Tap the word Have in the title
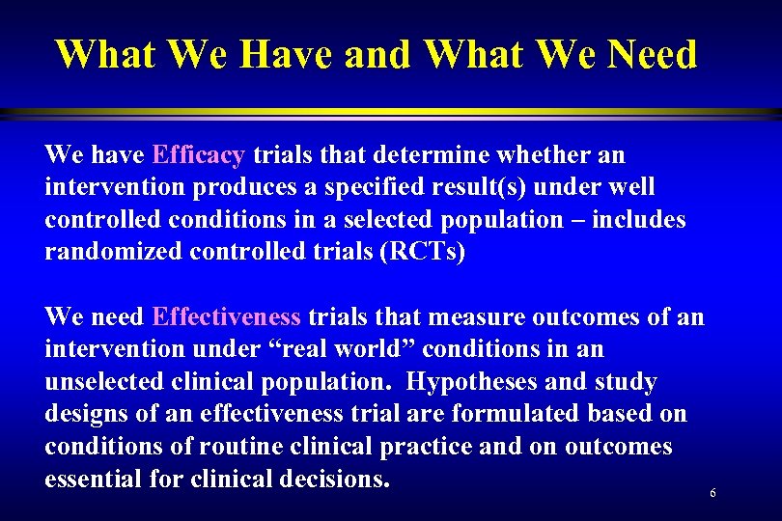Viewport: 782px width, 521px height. tap(286, 54)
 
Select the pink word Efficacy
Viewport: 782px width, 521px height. tap(199, 154)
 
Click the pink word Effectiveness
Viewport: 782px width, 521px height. tap(227, 316)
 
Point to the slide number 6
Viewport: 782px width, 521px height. tap(712, 493)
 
